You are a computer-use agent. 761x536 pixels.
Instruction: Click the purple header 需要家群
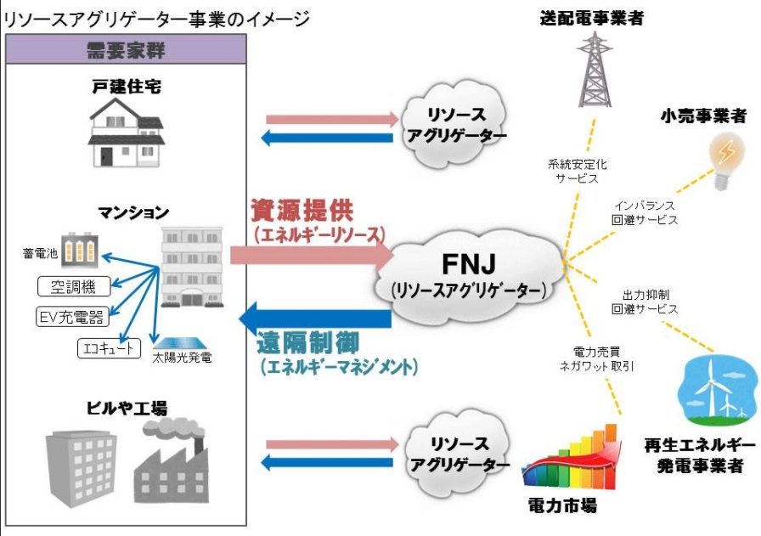tap(126, 49)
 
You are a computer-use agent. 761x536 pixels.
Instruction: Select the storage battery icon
tap(80, 250)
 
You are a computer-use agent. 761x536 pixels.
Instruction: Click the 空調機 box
tap(74, 286)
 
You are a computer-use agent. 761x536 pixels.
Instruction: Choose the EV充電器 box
tap(72, 317)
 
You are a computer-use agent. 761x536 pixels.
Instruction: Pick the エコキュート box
tap(109, 348)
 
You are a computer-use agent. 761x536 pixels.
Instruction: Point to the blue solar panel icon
tap(181, 344)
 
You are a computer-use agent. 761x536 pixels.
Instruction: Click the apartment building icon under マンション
tap(192, 267)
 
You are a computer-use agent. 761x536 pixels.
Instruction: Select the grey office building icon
tap(81, 468)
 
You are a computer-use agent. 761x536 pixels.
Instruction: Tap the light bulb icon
tap(725, 161)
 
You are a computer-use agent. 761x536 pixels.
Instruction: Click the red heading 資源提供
tap(302, 210)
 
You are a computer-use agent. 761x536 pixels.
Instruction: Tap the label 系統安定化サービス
tap(577, 171)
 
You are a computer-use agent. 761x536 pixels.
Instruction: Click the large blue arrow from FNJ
tap(315, 319)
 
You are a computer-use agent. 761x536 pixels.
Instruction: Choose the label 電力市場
tap(562, 505)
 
